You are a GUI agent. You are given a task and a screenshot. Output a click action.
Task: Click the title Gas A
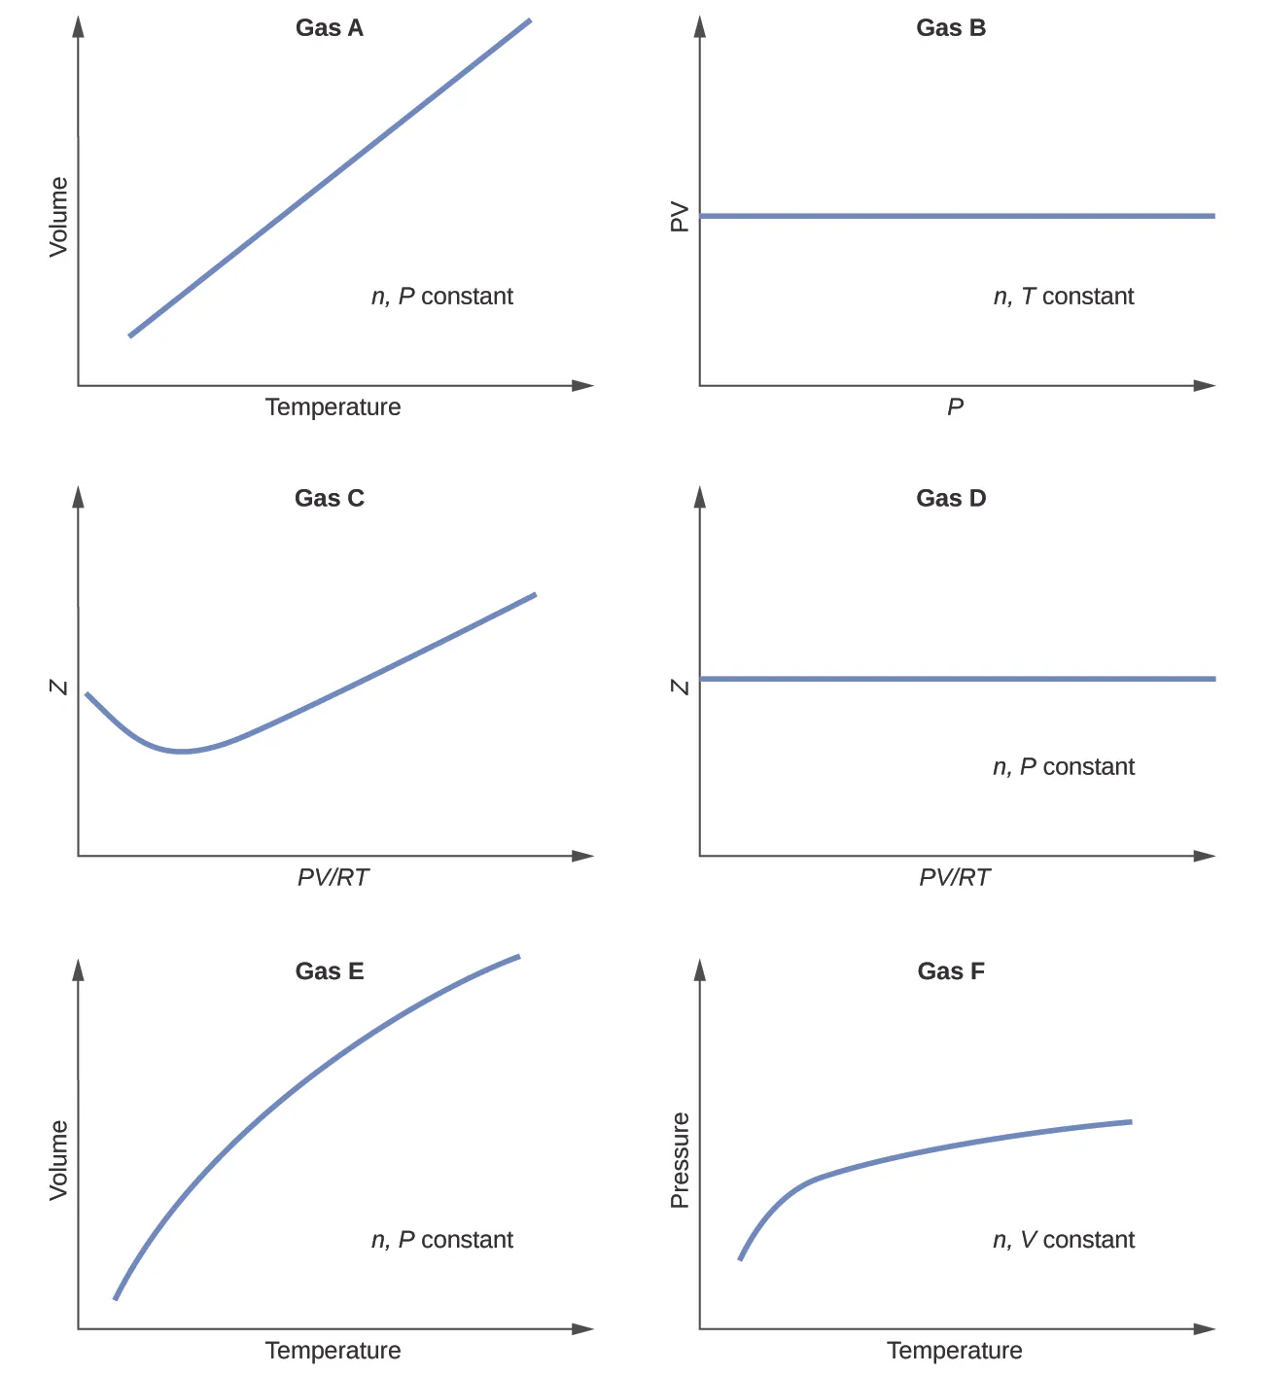[x=330, y=28]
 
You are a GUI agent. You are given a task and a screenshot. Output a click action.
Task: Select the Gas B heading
[x=951, y=28]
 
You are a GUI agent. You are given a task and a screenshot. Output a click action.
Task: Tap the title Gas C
[x=330, y=498]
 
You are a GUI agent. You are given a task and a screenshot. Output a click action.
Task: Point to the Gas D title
[x=951, y=498]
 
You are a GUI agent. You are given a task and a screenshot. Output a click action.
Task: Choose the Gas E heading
[x=330, y=970]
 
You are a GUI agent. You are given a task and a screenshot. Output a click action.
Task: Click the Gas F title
[x=951, y=970]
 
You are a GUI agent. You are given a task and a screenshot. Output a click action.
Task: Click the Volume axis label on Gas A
[x=59, y=217]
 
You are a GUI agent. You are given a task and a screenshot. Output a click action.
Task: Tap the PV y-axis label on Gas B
[x=680, y=217]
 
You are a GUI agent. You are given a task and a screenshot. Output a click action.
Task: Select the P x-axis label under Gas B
[x=956, y=406]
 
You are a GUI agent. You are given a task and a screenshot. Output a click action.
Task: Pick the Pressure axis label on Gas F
[x=680, y=1160]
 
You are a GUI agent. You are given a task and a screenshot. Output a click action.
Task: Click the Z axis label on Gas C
[x=59, y=687]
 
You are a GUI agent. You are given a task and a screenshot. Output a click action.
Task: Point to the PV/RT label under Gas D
[x=955, y=877]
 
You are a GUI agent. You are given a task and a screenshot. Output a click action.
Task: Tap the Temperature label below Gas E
[x=333, y=1350]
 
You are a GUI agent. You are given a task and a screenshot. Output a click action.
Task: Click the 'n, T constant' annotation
[x=1064, y=297]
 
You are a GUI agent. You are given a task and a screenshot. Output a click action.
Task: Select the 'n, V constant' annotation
[x=1064, y=1240]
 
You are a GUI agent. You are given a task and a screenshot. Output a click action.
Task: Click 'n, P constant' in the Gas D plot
[x=1064, y=767]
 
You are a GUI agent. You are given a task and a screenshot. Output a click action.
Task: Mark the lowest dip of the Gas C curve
[x=181, y=751]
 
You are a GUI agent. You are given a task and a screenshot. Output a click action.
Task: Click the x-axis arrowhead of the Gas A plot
[x=583, y=386]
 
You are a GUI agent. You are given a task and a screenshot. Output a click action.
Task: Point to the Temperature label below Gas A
[x=333, y=406]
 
